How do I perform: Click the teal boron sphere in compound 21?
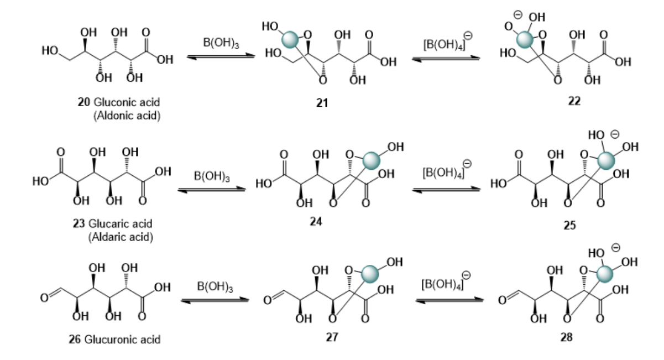[290, 40]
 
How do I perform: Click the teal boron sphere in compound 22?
[525, 39]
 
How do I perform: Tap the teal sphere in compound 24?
[371, 161]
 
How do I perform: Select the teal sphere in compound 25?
[606, 161]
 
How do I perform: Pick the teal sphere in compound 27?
[370, 274]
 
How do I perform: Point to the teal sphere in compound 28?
[605, 274]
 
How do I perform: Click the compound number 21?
[322, 103]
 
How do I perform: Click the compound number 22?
[574, 101]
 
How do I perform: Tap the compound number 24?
[316, 222]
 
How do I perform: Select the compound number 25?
[569, 226]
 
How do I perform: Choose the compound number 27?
[332, 337]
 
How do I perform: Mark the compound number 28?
[566, 337]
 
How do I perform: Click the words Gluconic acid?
[127, 102]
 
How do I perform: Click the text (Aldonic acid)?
[127, 116]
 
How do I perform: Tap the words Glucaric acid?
[120, 223]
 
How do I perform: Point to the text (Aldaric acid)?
[121, 237]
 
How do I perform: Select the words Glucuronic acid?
[122, 339]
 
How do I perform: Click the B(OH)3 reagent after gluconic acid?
[221, 43]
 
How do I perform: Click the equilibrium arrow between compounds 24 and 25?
[446, 190]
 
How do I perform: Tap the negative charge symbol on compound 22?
[517, 15]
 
